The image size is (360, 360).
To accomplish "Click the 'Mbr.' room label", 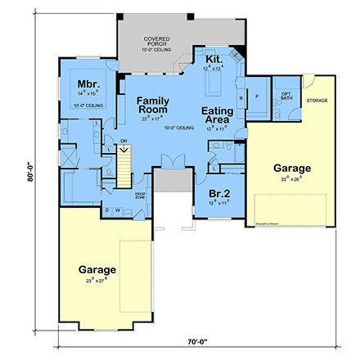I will [x=88, y=84].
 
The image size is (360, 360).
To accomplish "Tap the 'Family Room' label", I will [x=152, y=104].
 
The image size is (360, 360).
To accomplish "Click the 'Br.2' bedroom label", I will [x=218, y=192].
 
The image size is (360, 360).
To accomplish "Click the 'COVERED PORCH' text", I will [x=156, y=42].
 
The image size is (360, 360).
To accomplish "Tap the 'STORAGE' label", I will [x=317, y=101].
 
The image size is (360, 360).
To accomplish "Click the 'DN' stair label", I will [x=123, y=140].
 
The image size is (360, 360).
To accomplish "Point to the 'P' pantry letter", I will [x=258, y=95].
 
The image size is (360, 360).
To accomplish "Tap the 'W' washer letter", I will [x=116, y=210].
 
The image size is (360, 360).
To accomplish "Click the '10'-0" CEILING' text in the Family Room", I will [x=178, y=128].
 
